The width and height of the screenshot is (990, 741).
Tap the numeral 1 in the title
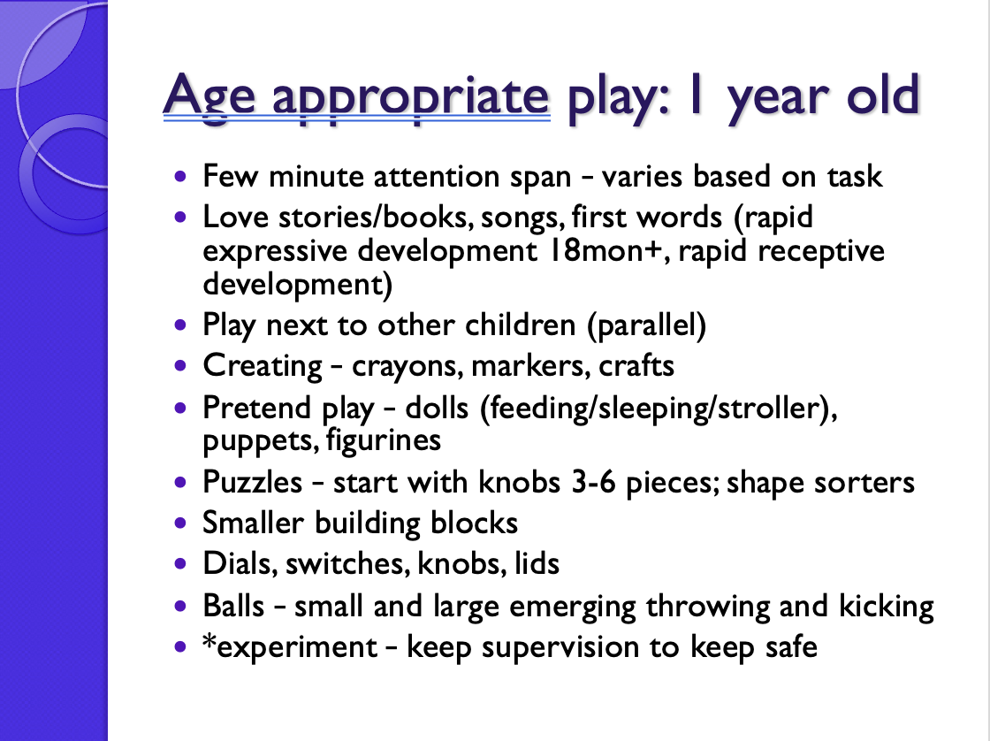coord(696,94)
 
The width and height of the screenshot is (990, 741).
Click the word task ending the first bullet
coord(855,176)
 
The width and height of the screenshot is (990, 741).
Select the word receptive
coord(821,252)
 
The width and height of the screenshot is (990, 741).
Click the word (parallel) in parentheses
coord(646,326)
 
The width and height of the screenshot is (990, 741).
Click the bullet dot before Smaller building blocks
coord(180,523)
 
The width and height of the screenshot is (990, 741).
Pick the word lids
coord(537,563)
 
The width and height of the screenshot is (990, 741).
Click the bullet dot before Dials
coord(180,563)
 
